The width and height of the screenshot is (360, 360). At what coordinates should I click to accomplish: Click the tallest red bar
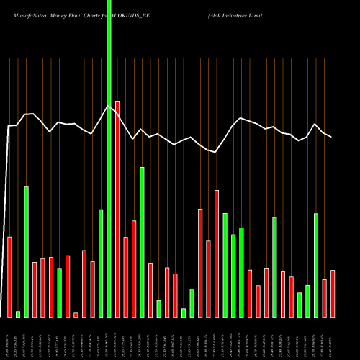(x=117, y=209)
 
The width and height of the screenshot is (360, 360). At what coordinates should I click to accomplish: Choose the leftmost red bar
(x=9, y=276)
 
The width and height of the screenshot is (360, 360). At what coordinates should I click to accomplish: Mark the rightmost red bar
(x=333, y=293)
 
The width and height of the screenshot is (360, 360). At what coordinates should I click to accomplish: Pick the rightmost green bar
(x=316, y=265)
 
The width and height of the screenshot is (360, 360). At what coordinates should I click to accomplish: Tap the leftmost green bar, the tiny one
(x=18, y=314)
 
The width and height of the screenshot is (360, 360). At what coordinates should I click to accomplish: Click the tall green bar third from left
(x=26, y=251)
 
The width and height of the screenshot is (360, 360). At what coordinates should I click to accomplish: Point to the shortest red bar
(x=76, y=315)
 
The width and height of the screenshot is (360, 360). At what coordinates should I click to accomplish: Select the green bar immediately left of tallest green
(x=101, y=263)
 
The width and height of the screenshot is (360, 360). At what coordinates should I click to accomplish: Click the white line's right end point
(x=332, y=137)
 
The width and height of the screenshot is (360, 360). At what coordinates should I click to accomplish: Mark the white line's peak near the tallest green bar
(x=108, y=106)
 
